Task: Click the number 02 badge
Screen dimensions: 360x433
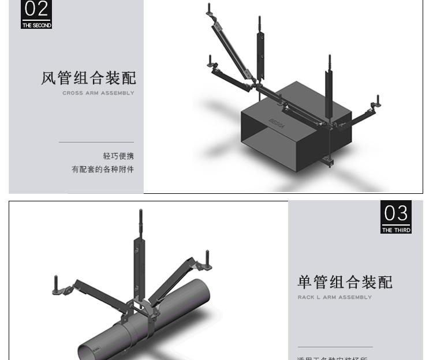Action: tap(36, 10)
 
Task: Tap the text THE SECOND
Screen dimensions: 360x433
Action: tap(36, 25)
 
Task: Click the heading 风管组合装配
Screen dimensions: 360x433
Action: tap(88, 78)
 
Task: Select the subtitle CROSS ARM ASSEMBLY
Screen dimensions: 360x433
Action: tap(98, 93)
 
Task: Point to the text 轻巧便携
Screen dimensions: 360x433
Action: tap(118, 156)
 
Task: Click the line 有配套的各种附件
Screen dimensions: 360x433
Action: tap(103, 169)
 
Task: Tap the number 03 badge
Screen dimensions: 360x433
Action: tap(396, 213)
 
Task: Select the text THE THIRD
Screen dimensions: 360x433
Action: tap(396, 230)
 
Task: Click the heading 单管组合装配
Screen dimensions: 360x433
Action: tap(345, 282)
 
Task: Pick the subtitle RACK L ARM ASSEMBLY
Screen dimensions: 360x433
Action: tap(335, 298)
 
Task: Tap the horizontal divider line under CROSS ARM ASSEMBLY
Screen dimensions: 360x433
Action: tap(96, 142)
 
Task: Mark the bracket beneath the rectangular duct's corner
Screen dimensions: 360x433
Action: tap(329, 161)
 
